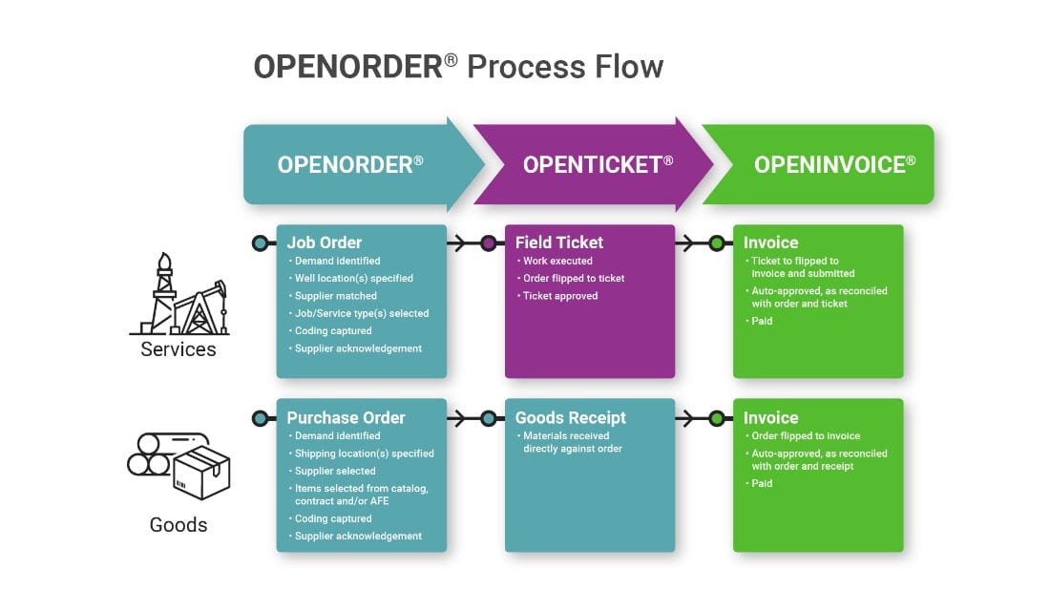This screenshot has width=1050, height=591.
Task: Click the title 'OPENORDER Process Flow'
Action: click(458, 67)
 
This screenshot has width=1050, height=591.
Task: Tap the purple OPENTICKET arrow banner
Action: click(598, 164)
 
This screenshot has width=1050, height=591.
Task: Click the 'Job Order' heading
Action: click(325, 243)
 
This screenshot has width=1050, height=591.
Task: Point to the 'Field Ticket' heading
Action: click(559, 243)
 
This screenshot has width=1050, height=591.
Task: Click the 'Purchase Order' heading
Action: click(346, 417)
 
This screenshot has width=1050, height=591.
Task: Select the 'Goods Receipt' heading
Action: click(570, 417)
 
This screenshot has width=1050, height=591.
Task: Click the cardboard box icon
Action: click(202, 473)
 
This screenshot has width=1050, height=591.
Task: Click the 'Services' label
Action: click(178, 349)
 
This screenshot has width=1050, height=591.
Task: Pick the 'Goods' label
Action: click(178, 525)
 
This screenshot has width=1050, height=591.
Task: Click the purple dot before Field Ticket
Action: click(489, 243)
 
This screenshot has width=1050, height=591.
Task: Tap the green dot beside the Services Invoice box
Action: click(717, 243)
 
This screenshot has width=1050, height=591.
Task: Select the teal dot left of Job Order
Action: click(260, 243)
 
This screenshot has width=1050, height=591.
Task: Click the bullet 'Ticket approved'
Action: click(559, 296)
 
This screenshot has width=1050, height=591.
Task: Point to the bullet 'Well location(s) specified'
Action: click(353, 278)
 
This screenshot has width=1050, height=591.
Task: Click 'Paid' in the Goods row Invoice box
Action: click(762, 483)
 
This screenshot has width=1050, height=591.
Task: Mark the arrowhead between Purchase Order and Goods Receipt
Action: click(461, 418)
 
